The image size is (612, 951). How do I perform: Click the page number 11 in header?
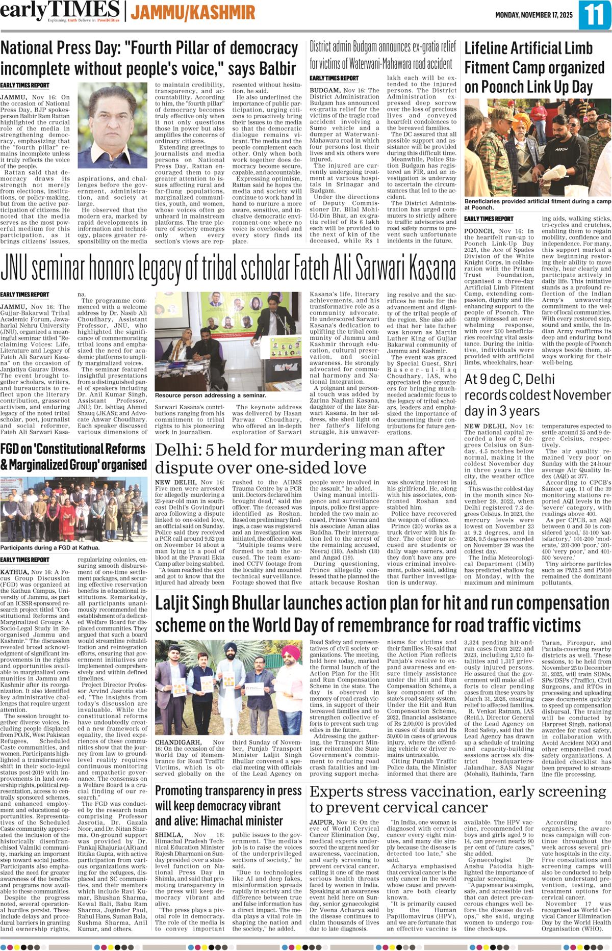coord(594,15)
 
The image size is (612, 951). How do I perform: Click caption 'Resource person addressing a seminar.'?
coord(211,395)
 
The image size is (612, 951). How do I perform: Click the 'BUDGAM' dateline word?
coord(324,90)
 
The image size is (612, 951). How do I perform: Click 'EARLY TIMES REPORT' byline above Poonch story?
coord(489,219)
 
